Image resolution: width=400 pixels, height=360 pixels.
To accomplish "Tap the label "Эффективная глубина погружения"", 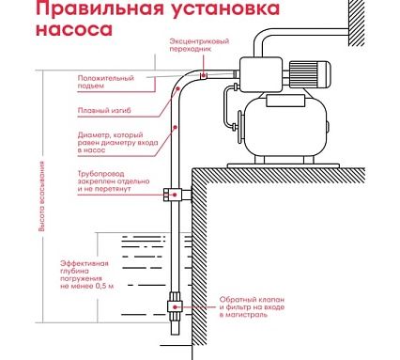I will [89, 269].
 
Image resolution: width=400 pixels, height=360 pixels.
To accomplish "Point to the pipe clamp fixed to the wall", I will [176, 196].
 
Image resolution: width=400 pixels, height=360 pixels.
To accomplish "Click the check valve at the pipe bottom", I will [175, 307].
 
